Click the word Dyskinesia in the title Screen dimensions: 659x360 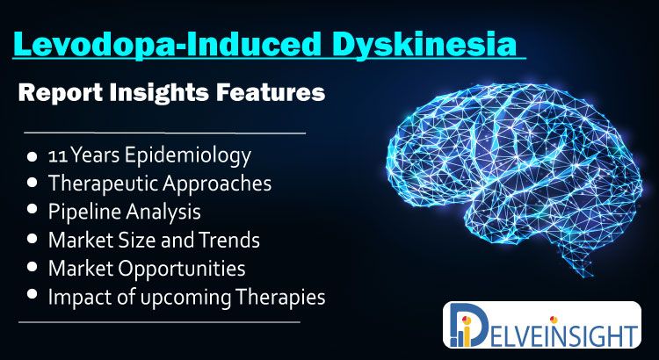point(425,44)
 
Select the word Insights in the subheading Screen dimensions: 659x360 point(159,92)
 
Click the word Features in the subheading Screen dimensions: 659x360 point(271,91)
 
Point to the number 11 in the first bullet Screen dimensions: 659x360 point(58,156)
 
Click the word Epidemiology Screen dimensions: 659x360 point(188,156)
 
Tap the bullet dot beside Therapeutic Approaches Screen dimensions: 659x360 point(32,183)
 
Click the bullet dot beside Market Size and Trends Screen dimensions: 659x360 point(32,239)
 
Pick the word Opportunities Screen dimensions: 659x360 point(182,269)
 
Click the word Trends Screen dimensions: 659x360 point(229,240)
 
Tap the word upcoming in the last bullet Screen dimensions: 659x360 point(185,298)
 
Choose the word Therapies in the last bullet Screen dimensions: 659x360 point(280,298)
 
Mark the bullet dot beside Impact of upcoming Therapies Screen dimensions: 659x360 point(32,294)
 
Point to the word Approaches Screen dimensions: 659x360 point(217,184)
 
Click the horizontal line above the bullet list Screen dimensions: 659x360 point(165,133)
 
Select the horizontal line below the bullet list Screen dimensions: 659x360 point(159,322)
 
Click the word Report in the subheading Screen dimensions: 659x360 point(60,93)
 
